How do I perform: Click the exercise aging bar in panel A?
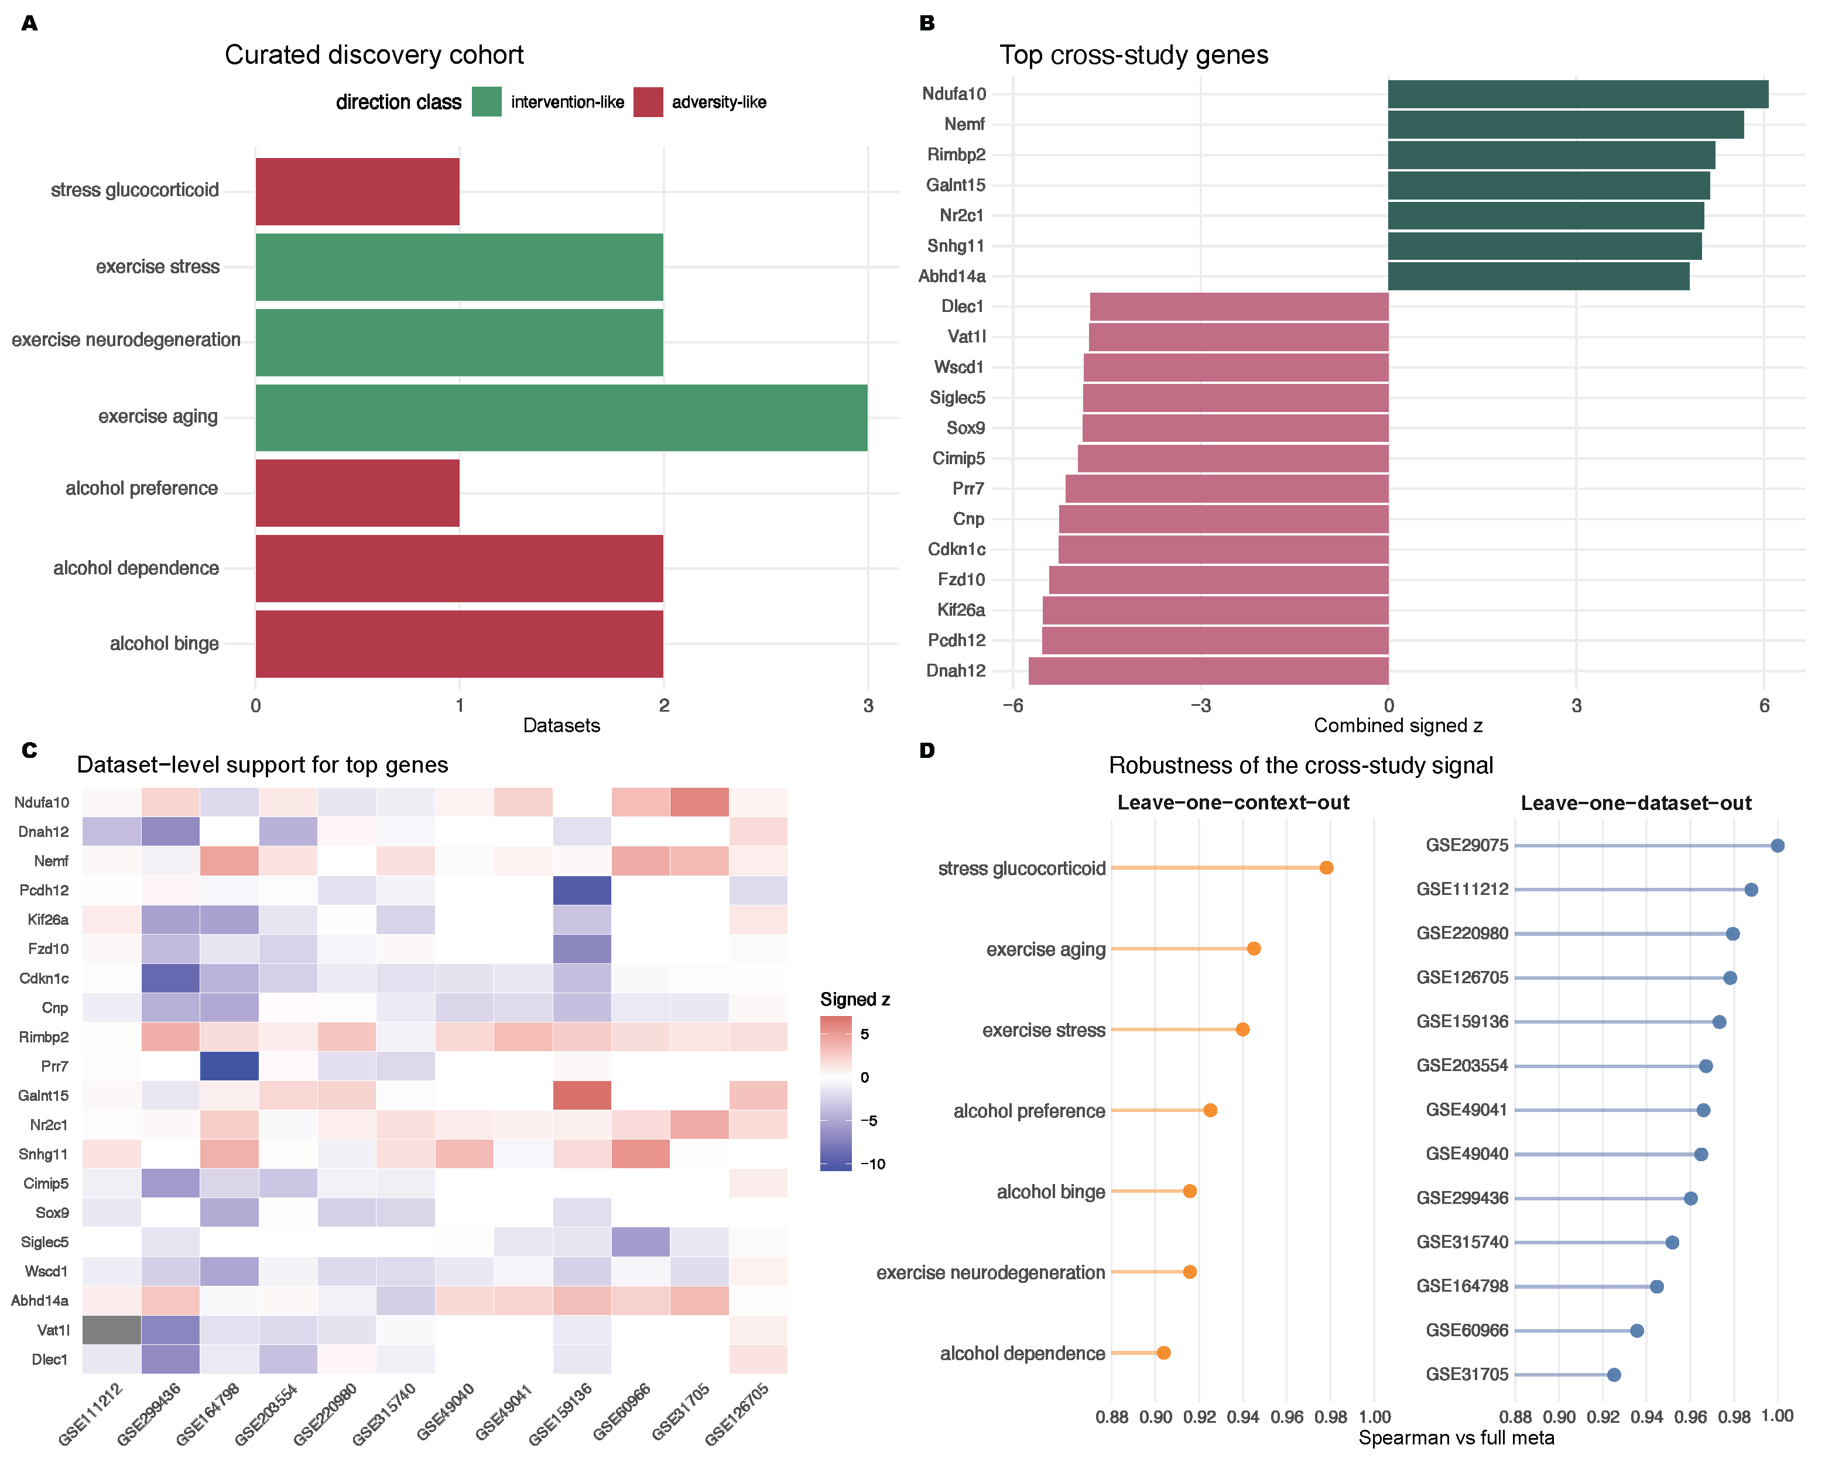point(561,417)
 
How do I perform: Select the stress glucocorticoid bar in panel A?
point(357,191)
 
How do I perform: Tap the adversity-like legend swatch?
point(648,101)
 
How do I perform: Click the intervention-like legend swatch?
point(487,101)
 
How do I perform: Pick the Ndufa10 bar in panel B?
point(1578,94)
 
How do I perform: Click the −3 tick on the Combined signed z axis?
point(1200,706)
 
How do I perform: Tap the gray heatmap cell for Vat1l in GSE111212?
point(112,1330)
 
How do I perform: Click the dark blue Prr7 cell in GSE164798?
point(230,1066)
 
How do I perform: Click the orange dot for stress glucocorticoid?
point(1326,867)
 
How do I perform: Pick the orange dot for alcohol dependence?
point(1164,1353)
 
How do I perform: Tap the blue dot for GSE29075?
point(1778,845)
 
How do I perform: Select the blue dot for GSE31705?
point(1614,1375)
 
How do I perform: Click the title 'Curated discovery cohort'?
point(374,55)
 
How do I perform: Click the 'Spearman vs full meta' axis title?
point(1456,1437)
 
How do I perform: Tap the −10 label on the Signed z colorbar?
point(873,1164)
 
